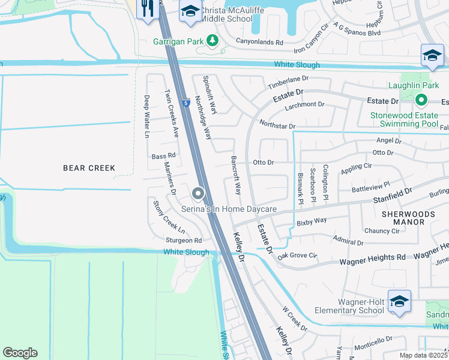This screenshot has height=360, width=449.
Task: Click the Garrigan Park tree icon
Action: [x=212, y=40]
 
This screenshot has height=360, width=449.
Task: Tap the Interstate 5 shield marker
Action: [x=187, y=103]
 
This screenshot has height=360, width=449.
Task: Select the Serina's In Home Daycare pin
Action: [x=198, y=193]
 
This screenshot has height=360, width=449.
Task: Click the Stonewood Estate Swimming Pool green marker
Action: [x=421, y=100]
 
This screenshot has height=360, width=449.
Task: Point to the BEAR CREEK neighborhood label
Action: [x=89, y=168]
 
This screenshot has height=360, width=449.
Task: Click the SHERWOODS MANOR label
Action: [x=403, y=217]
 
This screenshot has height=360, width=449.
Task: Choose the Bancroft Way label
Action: [x=236, y=175]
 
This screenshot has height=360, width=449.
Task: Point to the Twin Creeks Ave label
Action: [x=172, y=112]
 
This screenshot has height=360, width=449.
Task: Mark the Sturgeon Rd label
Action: [x=182, y=241]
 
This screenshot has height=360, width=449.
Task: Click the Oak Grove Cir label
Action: [x=297, y=256]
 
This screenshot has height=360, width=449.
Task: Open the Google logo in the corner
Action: [x=20, y=353]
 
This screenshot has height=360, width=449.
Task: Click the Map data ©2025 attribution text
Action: [x=422, y=355]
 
